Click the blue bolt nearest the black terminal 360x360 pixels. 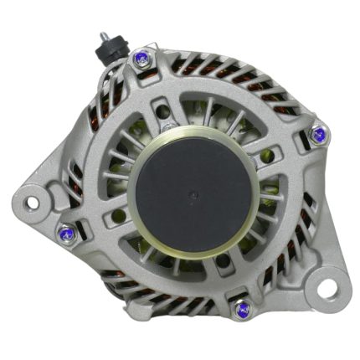click(x=140, y=59)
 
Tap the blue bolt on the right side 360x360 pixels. click(x=318, y=133)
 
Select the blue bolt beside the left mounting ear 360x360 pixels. click(x=64, y=233)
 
